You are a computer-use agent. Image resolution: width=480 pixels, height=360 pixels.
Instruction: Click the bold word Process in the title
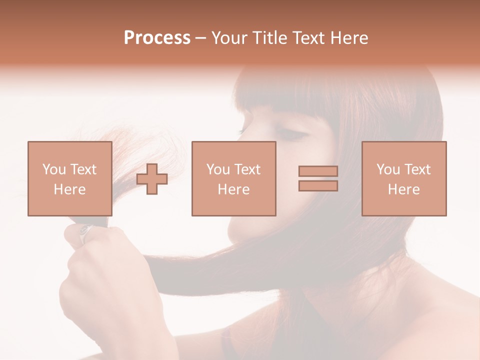(x=157, y=38)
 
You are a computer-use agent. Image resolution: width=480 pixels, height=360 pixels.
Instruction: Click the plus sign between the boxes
(x=152, y=179)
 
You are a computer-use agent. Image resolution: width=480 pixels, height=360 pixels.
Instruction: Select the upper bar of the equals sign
(x=318, y=171)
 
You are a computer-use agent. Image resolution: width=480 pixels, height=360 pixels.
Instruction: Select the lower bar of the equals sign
(x=318, y=186)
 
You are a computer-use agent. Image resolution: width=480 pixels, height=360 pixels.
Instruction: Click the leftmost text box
(x=69, y=178)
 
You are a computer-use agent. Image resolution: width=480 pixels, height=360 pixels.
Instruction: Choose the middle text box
(x=233, y=178)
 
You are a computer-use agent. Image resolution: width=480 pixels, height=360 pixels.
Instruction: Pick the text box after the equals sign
(x=403, y=178)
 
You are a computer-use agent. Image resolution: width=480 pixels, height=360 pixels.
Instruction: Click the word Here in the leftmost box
(x=69, y=189)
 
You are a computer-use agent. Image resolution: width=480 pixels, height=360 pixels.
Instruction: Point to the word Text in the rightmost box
(x=417, y=169)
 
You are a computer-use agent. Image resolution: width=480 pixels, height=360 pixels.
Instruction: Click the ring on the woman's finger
(x=85, y=231)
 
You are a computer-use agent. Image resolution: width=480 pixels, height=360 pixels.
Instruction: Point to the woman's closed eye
(x=291, y=133)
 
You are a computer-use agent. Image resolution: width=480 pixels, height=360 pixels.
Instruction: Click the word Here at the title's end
(x=350, y=38)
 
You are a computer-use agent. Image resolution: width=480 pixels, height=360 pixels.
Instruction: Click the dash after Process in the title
(x=200, y=38)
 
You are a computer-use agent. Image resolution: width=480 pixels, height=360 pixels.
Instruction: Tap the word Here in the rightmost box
(x=403, y=189)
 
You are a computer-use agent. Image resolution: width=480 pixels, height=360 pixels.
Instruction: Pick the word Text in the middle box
(x=247, y=169)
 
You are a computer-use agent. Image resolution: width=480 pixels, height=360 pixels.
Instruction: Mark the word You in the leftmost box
(x=54, y=169)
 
